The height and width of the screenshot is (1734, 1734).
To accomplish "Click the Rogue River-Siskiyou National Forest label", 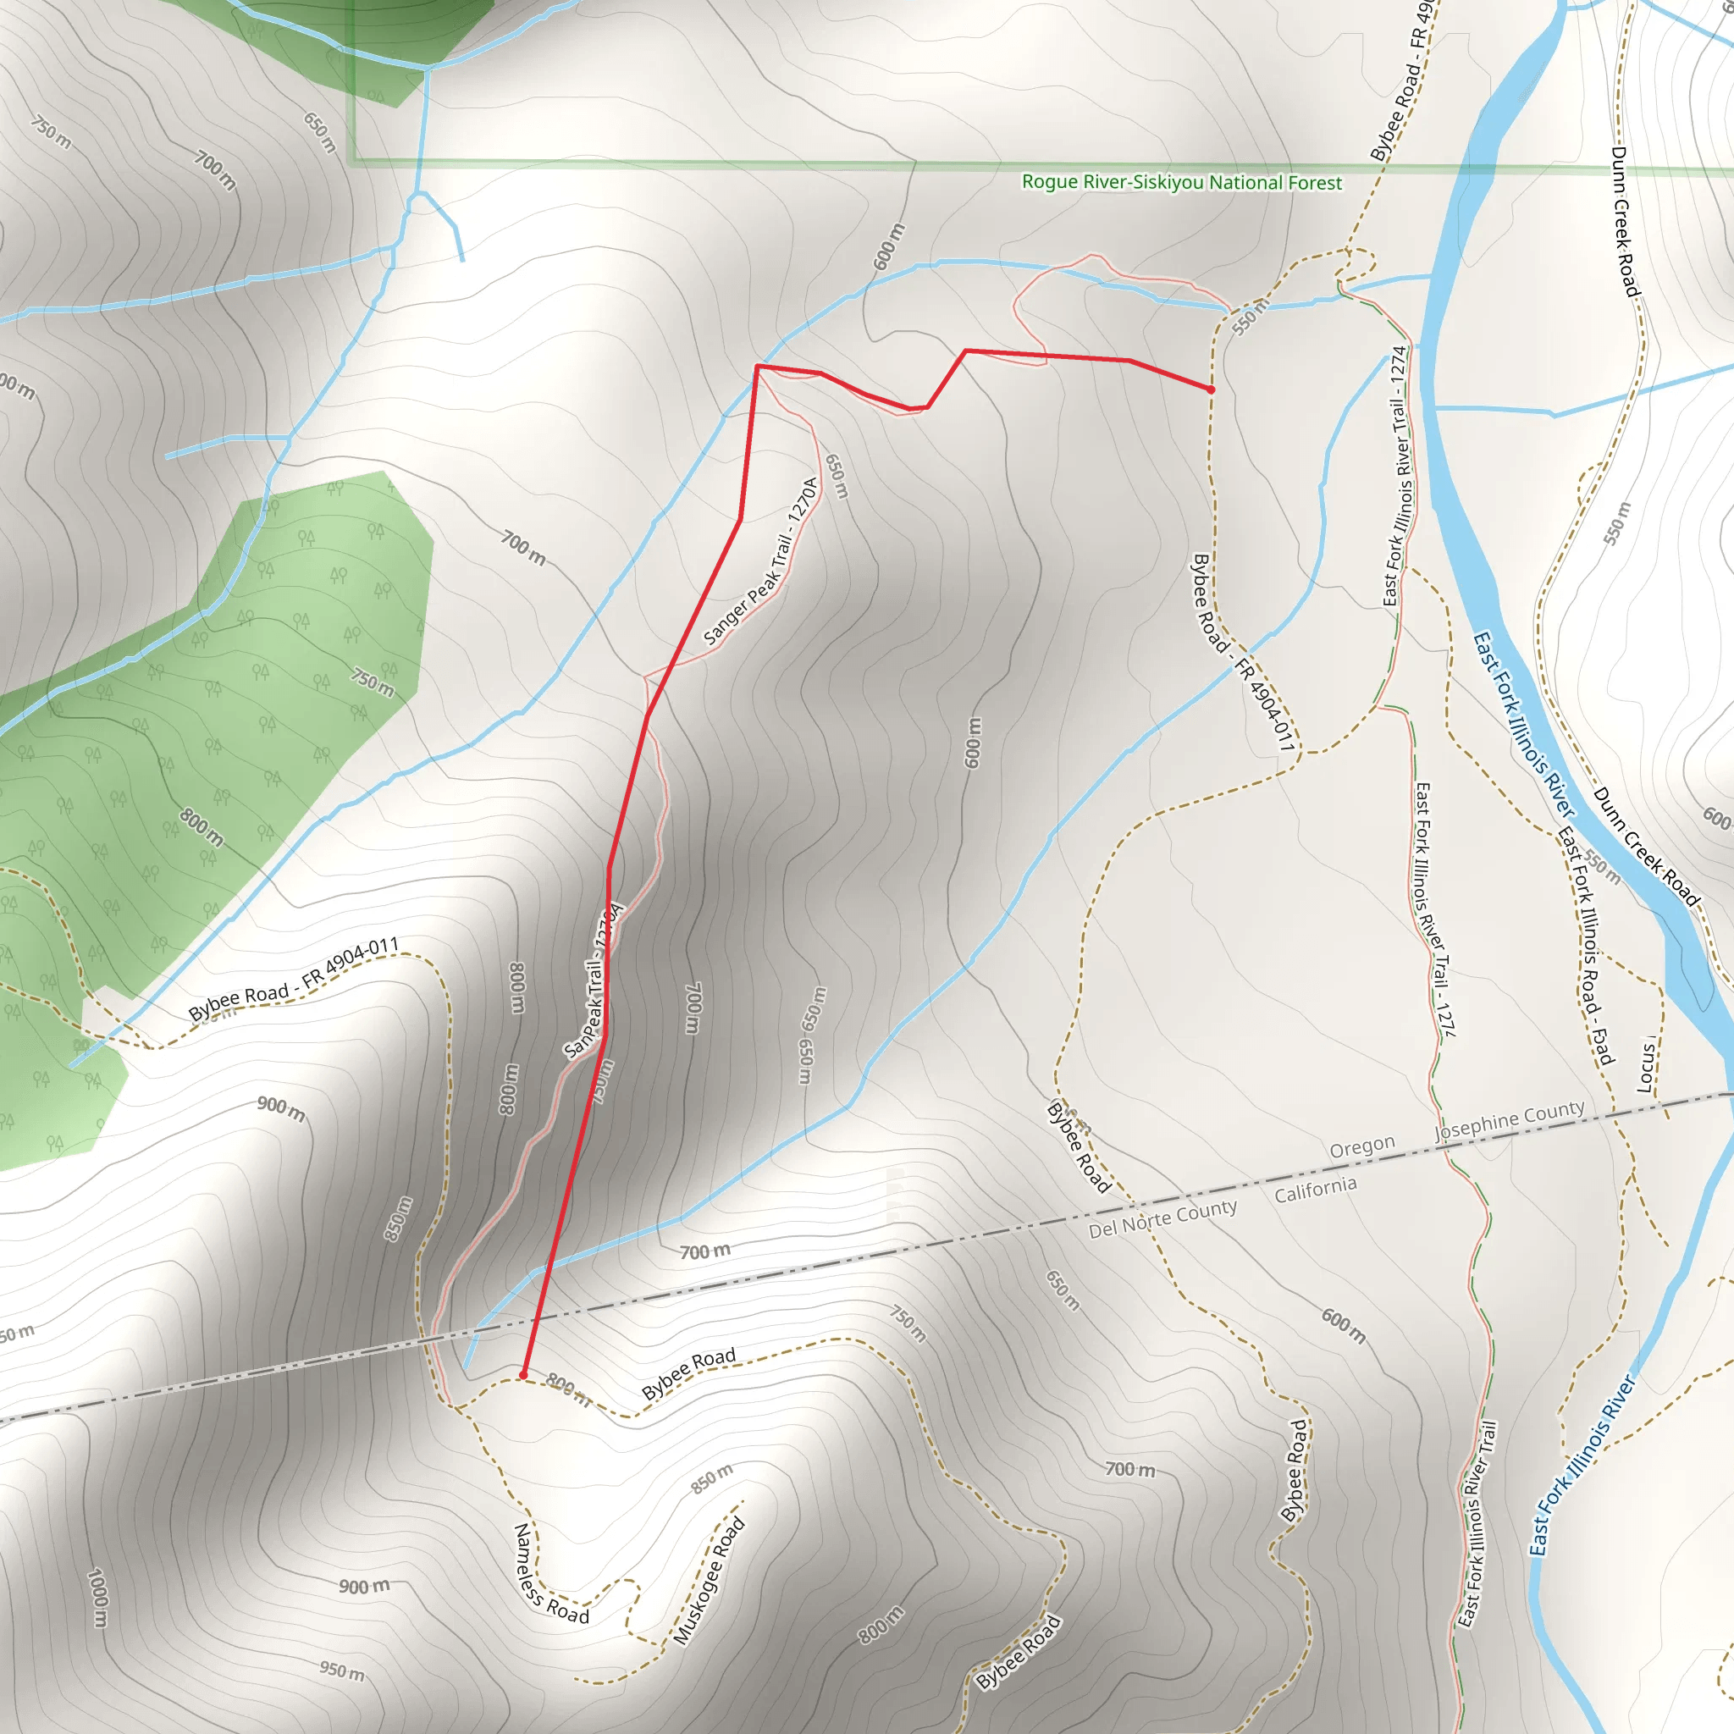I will (1182, 182).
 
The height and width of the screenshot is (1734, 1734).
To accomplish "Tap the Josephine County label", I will (1510, 1121).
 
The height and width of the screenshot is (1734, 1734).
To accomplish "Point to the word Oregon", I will (1361, 1149).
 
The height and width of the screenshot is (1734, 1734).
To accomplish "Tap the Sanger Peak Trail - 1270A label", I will (761, 561).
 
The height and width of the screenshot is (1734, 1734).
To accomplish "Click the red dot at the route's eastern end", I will (1211, 389).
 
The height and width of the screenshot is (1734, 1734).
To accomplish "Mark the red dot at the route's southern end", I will (523, 1375).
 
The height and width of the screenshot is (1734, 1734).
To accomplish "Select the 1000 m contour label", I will (98, 1598).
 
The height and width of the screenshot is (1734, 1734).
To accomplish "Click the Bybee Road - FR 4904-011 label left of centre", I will (293, 978).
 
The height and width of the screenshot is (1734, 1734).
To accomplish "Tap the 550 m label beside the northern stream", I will (1250, 318).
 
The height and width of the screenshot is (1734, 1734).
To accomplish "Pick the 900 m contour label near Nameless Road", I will (363, 1587).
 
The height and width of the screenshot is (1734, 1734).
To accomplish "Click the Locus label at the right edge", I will (1646, 1065).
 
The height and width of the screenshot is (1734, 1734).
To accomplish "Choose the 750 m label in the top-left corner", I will (51, 132).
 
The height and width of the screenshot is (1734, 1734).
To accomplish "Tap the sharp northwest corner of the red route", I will (758, 366).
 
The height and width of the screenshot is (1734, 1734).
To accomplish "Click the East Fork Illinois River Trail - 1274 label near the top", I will (1396, 476).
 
